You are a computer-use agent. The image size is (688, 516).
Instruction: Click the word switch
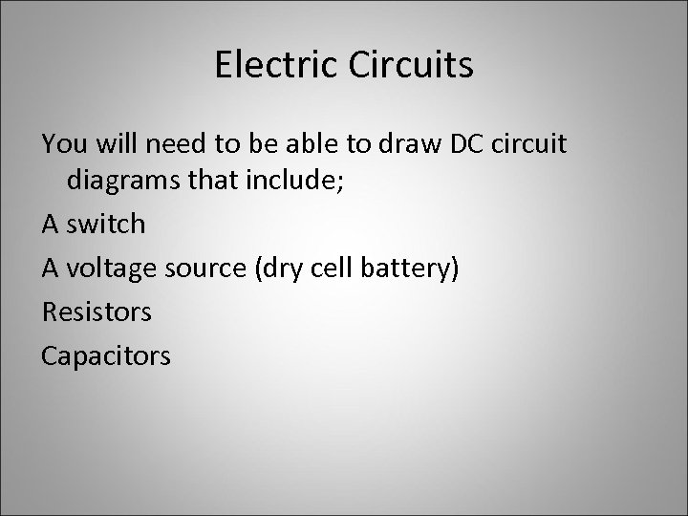tap(107, 225)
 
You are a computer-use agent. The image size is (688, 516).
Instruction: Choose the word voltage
tap(107, 269)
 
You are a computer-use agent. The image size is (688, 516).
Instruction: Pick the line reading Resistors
tap(97, 312)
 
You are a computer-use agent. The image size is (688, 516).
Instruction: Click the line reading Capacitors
tap(106, 356)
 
